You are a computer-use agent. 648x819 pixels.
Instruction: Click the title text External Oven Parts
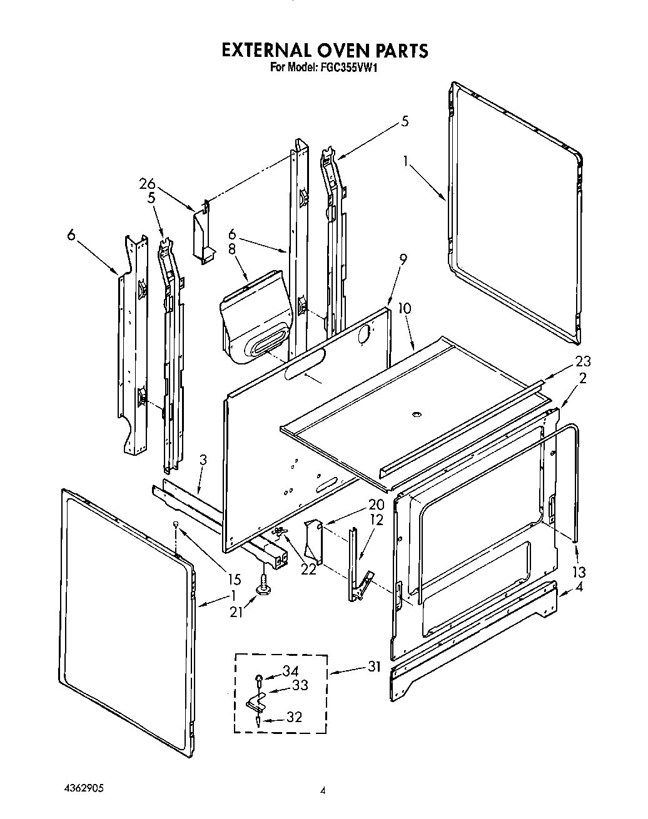click(325, 50)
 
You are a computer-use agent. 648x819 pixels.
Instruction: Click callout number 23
click(583, 361)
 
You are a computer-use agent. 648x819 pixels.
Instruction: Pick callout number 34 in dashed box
click(290, 671)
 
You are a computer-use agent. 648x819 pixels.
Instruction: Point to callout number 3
click(203, 460)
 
